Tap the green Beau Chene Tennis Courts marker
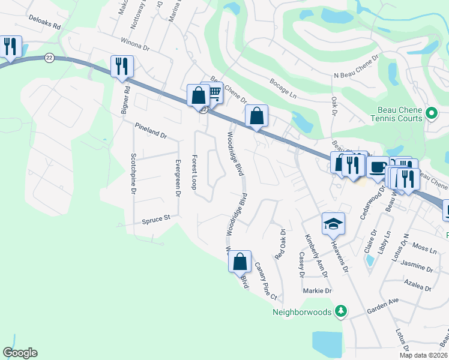coord(430,113)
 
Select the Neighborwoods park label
coord(302,312)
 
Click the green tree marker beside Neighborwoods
coord(341,311)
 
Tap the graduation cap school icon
coord(333,224)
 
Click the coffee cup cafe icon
coord(376,167)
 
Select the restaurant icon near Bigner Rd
coord(121,66)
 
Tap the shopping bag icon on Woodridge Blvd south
coord(239,261)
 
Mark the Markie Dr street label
coord(318,291)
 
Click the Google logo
coord(20,353)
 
